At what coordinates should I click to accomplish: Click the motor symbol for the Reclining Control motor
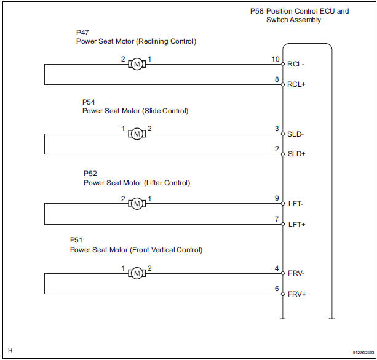[138, 64]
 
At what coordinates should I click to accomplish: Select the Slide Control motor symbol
[138, 133]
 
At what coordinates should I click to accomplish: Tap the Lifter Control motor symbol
[138, 203]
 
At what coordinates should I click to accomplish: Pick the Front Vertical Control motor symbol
[138, 272]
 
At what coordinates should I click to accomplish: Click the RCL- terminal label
[296, 64]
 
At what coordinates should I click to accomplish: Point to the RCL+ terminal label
[297, 85]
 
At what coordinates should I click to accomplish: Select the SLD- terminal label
[296, 134]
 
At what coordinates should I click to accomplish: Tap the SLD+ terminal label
[297, 154]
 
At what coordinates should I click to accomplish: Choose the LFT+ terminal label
[296, 224]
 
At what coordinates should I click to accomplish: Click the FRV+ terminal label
[297, 294]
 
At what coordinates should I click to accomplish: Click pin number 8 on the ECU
[277, 79]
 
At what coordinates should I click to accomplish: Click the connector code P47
[82, 32]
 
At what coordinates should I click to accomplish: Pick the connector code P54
[89, 102]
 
